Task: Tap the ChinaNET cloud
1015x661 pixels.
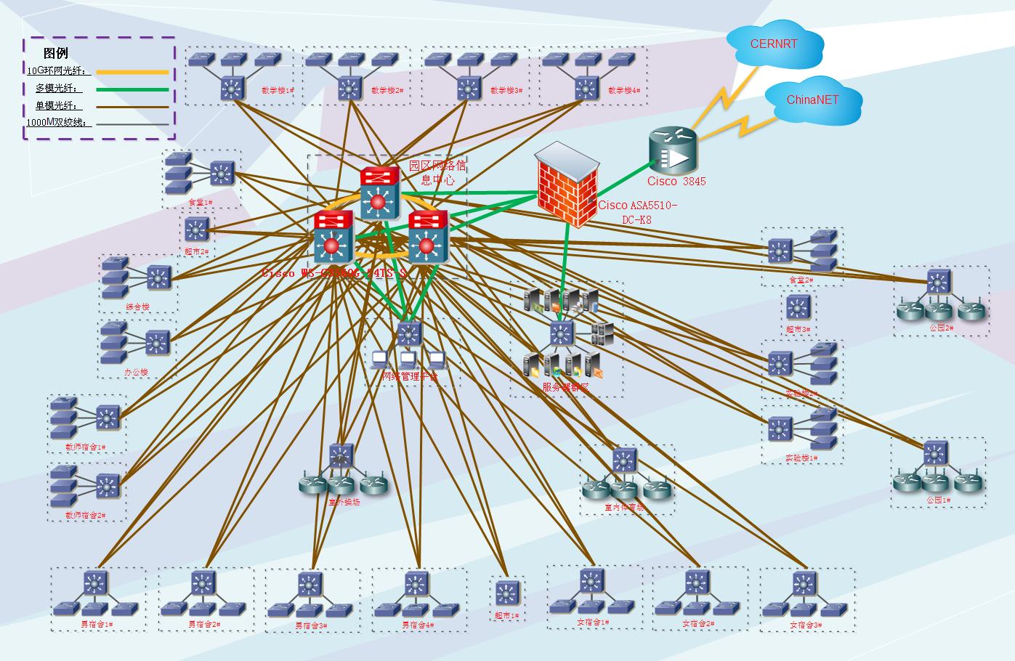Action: pyautogui.click(x=812, y=100)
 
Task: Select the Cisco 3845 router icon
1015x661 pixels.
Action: pyautogui.click(x=671, y=151)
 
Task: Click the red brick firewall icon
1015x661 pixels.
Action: pyautogui.click(x=567, y=185)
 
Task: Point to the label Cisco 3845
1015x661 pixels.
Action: pyautogui.click(x=676, y=182)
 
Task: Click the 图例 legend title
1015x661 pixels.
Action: pyautogui.click(x=56, y=53)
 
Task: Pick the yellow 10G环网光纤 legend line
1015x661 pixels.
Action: pyautogui.click(x=132, y=72)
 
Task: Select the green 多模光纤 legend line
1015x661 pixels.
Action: pyautogui.click(x=132, y=90)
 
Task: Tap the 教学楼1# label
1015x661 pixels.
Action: pyautogui.click(x=278, y=91)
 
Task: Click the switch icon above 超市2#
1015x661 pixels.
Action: pyautogui.click(x=196, y=230)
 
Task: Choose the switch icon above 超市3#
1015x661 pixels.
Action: pyautogui.click(x=798, y=307)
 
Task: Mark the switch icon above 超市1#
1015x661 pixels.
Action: pyautogui.click(x=506, y=593)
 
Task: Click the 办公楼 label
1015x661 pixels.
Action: pyautogui.click(x=136, y=373)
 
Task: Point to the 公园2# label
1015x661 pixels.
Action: pyautogui.click(x=941, y=328)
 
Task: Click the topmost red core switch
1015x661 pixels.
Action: pyautogui.click(x=379, y=192)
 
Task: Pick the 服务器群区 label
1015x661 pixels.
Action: pyautogui.click(x=565, y=388)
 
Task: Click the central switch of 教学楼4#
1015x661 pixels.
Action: pyautogui.click(x=586, y=88)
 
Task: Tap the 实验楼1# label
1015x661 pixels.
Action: pyautogui.click(x=801, y=458)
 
